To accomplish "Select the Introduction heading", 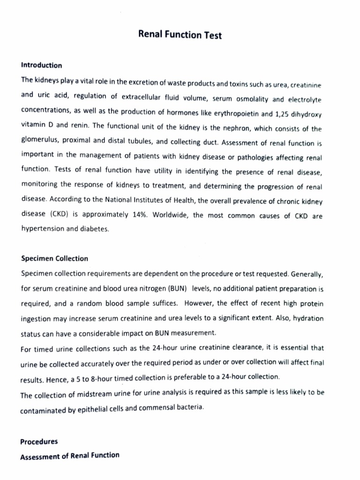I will (x=41, y=65).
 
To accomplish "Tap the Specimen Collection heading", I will (x=54, y=258).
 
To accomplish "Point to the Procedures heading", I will (x=39, y=441).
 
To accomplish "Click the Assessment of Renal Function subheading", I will (x=70, y=455).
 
